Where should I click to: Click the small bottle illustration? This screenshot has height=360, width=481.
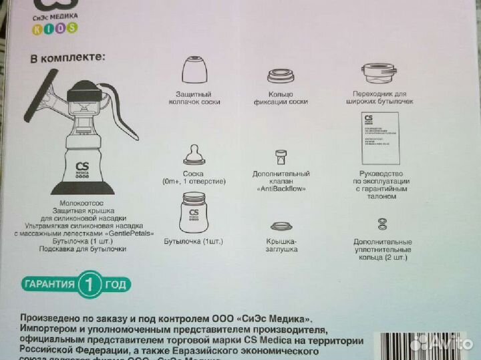198,212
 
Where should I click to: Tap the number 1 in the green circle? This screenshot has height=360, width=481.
90,285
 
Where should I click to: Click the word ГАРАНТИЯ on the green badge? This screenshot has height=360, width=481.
50,285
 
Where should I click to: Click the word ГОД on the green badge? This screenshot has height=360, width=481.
116,285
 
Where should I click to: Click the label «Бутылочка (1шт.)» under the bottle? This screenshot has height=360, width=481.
194,241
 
